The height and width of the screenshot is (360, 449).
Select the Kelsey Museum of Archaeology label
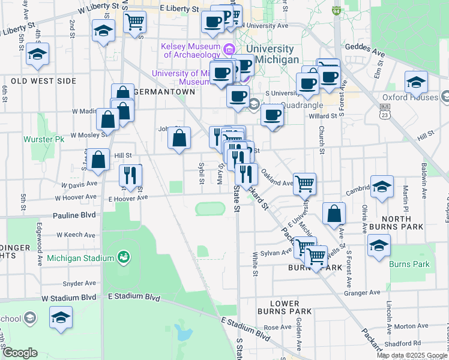tap(191, 51)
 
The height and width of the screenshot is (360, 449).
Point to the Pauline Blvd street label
tap(74, 214)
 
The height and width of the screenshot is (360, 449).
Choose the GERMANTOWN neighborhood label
tap(165, 92)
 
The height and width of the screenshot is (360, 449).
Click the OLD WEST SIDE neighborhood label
tap(43, 80)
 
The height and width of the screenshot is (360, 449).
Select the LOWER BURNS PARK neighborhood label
tap(285, 307)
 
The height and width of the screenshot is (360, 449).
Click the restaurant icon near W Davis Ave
tap(130, 175)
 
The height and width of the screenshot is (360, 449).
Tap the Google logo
tap(20, 353)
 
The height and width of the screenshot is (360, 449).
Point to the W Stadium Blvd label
tap(68, 298)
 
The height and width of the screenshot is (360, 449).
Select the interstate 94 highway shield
tap(337, 11)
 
